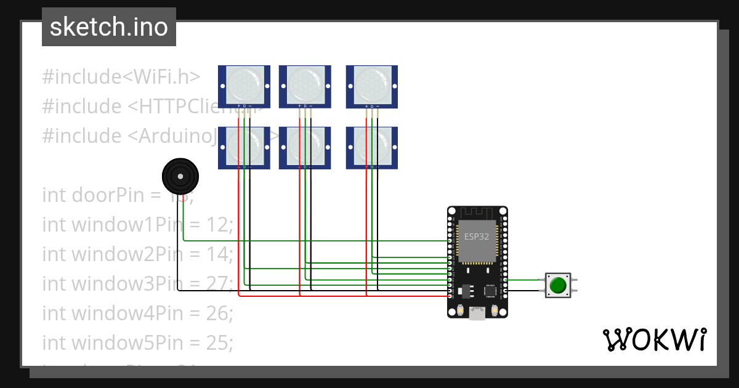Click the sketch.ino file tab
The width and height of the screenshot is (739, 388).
click(x=108, y=27)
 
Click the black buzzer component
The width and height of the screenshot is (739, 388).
click(x=180, y=177)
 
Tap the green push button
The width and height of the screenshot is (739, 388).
click(x=558, y=286)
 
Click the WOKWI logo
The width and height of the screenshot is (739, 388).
click(x=654, y=339)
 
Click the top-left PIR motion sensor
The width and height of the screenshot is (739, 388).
click(x=244, y=86)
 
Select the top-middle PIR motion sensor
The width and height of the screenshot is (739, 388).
click(x=305, y=86)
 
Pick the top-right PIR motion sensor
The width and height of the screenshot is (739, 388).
click(x=371, y=86)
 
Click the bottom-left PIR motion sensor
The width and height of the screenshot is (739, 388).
click(x=244, y=148)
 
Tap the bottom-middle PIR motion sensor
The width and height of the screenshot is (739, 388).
click(x=305, y=148)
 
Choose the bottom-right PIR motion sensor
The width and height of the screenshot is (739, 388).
click(x=371, y=148)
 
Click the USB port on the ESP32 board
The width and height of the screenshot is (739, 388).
click(x=476, y=313)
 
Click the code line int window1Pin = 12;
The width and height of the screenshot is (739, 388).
click(x=137, y=225)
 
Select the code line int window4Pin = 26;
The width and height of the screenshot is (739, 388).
click(x=137, y=313)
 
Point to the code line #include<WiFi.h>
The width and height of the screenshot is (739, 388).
click(x=121, y=77)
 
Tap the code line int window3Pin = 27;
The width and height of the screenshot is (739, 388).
click(x=137, y=284)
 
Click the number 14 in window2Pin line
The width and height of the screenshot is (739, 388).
click(x=219, y=254)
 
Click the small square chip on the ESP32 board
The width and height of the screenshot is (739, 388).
click(x=490, y=290)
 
